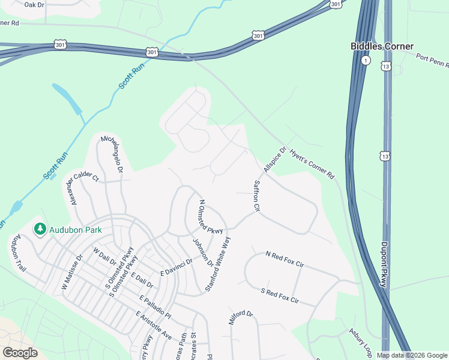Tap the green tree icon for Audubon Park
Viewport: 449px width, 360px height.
[40, 229]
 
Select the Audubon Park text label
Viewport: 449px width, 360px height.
[76, 229]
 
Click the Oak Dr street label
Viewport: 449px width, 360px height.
[34, 5]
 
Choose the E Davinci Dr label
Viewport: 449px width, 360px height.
[176, 268]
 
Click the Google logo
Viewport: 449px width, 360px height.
[20, 353]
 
